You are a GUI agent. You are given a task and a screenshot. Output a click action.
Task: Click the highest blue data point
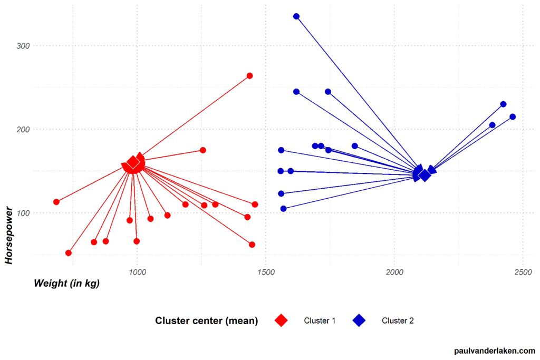click(296, 16)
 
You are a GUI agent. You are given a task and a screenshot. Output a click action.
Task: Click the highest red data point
click(250, 76)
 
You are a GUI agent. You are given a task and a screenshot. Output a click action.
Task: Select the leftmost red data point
click(56, 202)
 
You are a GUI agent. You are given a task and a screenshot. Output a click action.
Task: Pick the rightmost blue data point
click(513, 116)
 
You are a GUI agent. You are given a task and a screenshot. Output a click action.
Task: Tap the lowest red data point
click(69, 253)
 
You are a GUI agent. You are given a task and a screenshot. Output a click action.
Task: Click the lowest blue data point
click(284, 209)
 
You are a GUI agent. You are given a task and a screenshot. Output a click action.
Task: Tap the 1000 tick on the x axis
click(137, 272)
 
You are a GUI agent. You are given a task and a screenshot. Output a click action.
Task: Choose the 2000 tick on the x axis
click(394, 272)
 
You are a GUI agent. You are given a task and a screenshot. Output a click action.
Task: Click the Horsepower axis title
click(9, 234)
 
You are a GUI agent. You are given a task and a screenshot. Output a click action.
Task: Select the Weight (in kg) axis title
click(66, 283)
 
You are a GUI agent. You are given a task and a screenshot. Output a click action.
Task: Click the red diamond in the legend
click(281, 320)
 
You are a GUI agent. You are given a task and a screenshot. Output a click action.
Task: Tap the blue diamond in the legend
click(359, 320)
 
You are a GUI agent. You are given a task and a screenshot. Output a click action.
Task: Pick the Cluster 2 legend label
click(398, 320)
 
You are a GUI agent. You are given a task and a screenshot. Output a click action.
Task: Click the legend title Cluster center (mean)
click(206, 320)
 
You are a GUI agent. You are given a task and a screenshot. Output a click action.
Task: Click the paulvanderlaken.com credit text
click(494, 351)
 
